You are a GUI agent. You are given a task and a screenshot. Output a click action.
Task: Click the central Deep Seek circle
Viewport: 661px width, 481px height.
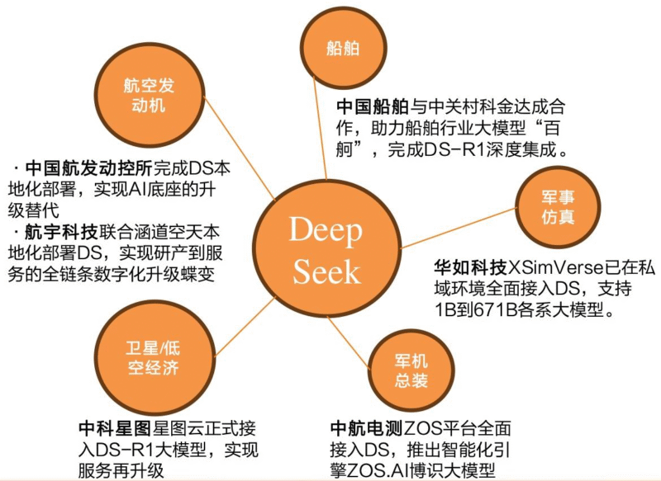325,252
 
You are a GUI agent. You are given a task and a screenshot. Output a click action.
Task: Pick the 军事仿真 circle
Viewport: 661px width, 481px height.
558,206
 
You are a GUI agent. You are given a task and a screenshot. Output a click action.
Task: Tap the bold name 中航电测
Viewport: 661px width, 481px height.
365,429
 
